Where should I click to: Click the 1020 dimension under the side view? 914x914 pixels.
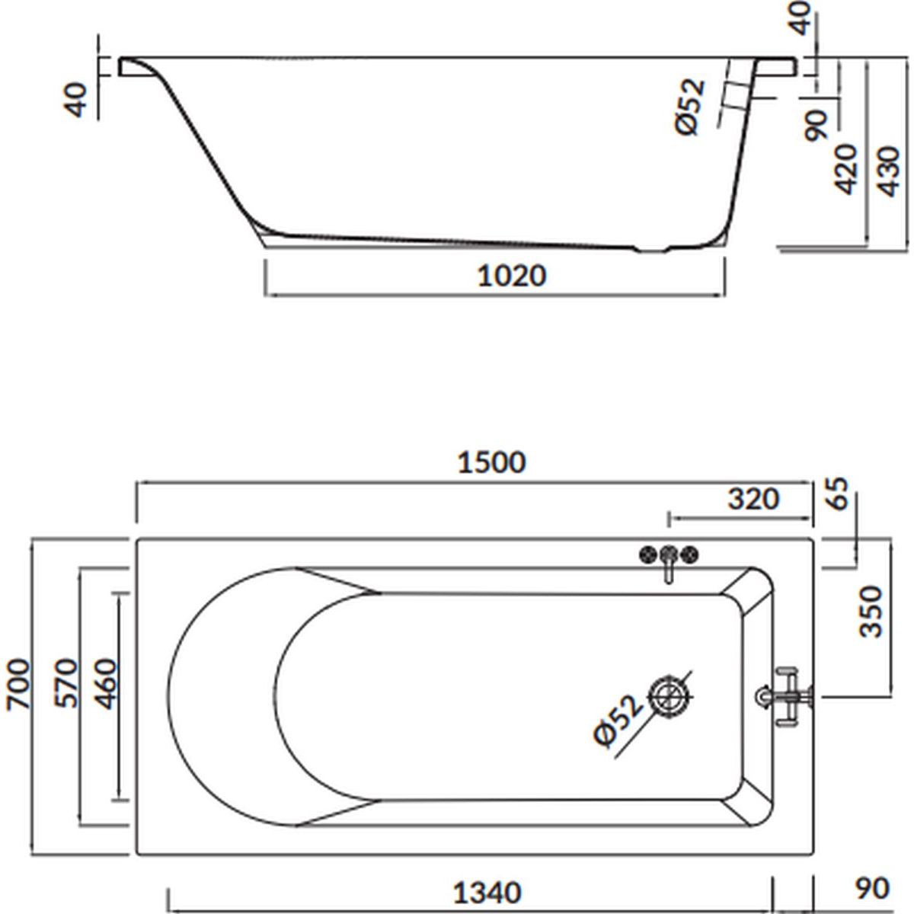(511, 276)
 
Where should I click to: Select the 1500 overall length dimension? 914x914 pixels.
(491, 462)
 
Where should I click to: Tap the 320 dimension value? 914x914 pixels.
(753, 499)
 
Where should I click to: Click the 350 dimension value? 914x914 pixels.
(871, 612)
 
